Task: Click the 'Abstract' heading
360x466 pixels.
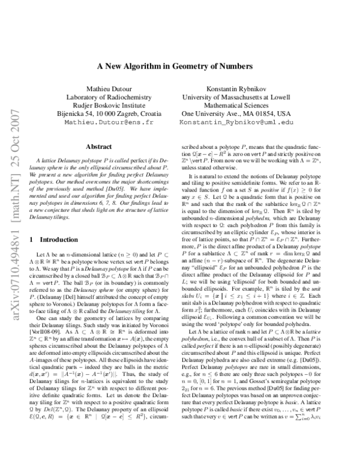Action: pyautogui.click(x=99, y=146)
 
